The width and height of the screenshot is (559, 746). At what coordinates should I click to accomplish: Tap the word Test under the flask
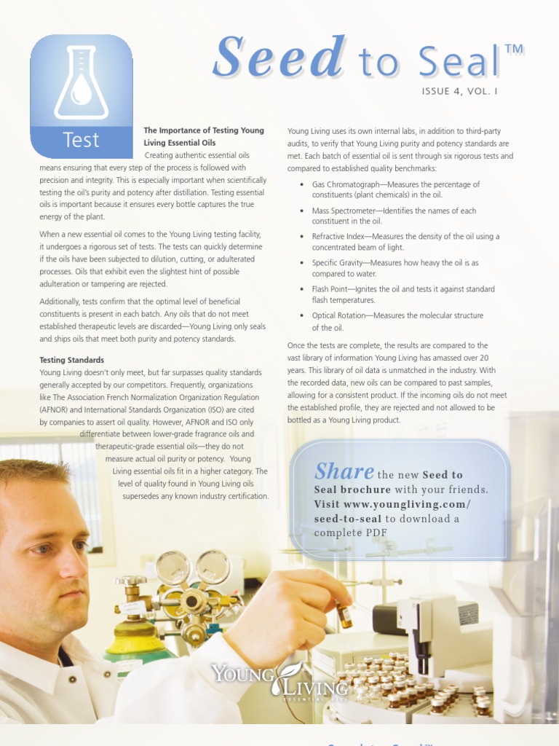(x=82, y=140)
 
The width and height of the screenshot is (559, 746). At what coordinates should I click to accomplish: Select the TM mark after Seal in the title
(x=514, y=49)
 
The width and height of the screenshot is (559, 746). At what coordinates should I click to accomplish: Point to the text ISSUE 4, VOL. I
(x=460, y=91)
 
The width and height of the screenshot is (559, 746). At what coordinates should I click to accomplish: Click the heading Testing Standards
(x=72, y=360)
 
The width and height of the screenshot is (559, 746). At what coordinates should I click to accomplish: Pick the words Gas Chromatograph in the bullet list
(x=346, y=184)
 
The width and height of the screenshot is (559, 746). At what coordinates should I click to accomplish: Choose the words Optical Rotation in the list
(x=338, y=315)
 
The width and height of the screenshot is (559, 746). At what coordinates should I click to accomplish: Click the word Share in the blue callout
(x=344, y=471)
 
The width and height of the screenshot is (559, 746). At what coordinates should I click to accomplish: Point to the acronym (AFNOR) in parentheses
(x=53, y=409)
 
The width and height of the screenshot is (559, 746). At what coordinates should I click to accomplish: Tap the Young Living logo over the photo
(x=280, y=678)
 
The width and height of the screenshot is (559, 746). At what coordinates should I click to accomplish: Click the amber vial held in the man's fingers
(x=344, y=613)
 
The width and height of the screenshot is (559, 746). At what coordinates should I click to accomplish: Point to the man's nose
(x=71, y=574)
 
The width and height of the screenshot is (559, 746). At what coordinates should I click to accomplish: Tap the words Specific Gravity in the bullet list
(x=341, y=262)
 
